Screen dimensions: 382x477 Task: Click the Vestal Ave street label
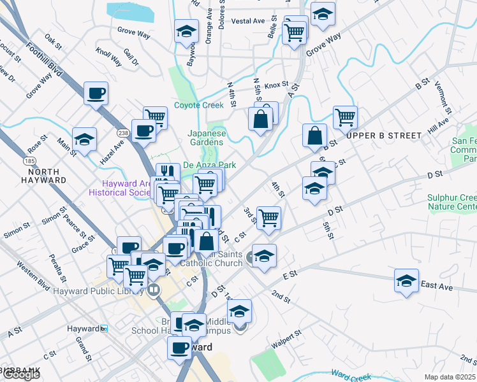click(248, 21)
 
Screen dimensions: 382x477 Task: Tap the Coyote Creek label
click(199, 106)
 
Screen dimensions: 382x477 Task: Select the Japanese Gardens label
click(207, 138)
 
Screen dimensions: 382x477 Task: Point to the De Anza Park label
click(210, 165)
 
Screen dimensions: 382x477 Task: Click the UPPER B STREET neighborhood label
click(385, 136)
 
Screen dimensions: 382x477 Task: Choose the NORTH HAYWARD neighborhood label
click(39, 176)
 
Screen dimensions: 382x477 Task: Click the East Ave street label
click(437, 286)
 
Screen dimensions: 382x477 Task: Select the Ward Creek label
click(351, 377)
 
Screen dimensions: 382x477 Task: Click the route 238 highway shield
click(123, 132)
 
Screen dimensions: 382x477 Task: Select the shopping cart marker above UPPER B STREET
click(345, 117)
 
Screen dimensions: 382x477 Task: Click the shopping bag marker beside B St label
click(316, 135)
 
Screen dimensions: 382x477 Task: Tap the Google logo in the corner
click(20, 374)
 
